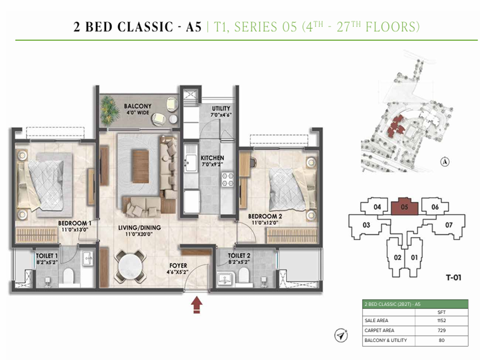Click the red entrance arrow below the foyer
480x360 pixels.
(196, 306)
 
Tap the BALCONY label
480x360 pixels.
(137, 106)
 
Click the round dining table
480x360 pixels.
(130, 264)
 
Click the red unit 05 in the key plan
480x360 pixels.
(404, 208)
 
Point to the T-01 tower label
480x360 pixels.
(456, 277)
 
